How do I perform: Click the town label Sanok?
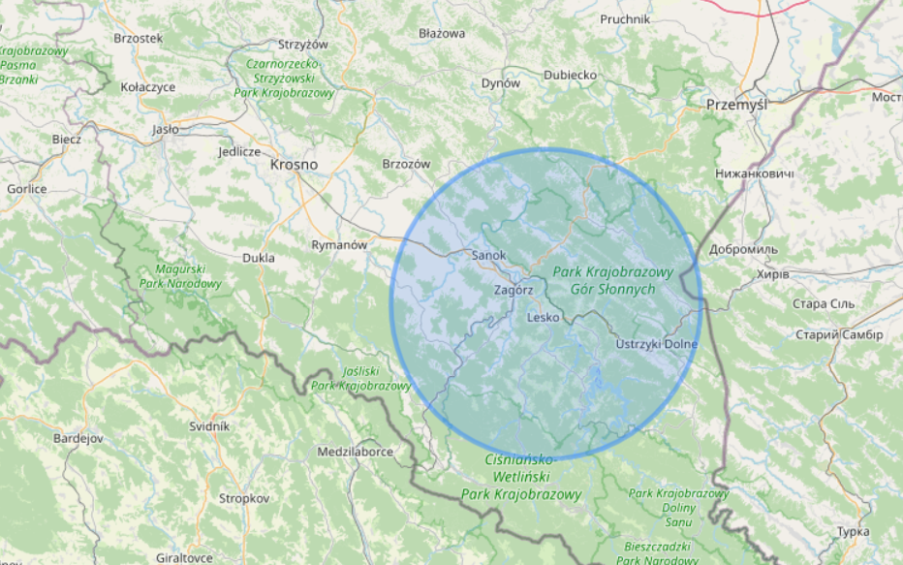pyautogui.click(x=488, y=255)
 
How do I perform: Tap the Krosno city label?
pyautogui.click(x=294, y=165)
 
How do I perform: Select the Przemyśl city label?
pyautogui.click(x=736, y=105)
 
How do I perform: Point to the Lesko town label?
pyautogui.click(x=544, y=317)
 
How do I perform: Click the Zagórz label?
pyautogui.click(x=514, y=289)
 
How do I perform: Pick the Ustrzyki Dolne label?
pyautogui.click(x=657, y=344)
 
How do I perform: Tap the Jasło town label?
pyautogui.click(x=166, y=129)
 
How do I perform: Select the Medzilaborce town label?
pyautogui.click(x=355, y=452)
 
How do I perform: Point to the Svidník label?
pyautogui.click(x=209, y=425)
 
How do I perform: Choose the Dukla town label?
pyautogui.click(x=259, y=258)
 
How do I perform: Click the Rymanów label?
pyautogui.click(x=339, y=245)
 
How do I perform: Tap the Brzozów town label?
pyautogui.click(x=406, y=164)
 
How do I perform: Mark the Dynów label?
pyautogui.click(x=501, y=83)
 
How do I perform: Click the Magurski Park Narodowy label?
pyautogui.click(x=180, y=276)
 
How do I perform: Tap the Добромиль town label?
pyautogui.click(x=743, y=249)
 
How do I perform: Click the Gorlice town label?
pyautogui.click(x=26, y=189)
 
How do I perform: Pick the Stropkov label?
pyautogui.click(x=244, y=498)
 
